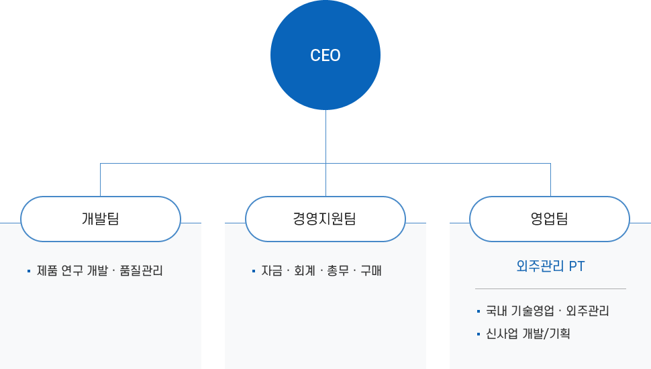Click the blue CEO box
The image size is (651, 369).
(325, 55)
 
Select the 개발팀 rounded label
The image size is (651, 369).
(101, 219)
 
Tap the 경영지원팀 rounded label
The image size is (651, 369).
(325, 219)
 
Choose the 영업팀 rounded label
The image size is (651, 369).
(549, 219)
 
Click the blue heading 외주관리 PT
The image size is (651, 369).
(550, 266)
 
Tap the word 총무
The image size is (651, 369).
(338, 271)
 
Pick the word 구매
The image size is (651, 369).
(370, 271)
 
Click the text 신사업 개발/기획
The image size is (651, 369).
(528, 333)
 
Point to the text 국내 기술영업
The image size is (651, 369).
(520, 311)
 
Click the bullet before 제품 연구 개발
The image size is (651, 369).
(29, 271)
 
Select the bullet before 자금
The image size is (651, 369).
(253, 271)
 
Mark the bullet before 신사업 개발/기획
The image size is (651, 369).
(478, 333)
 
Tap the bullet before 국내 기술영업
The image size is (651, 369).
(478, 311)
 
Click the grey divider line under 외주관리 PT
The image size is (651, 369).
(550, 288)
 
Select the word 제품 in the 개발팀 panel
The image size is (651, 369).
(47, 271)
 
